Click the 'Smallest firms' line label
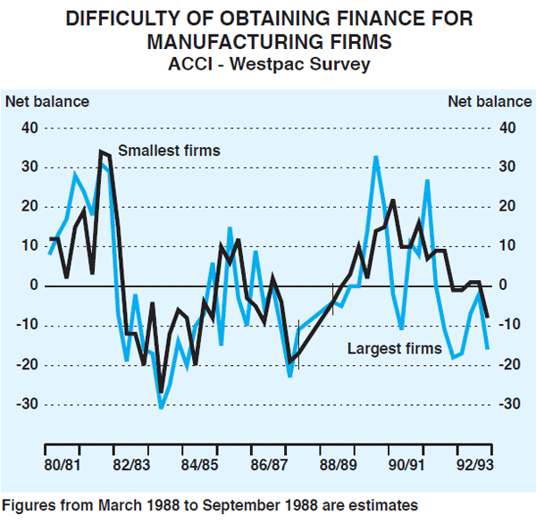click(x=169, y=151)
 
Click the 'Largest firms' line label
click(x=394, y=349)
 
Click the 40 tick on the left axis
click(x=31, y=128)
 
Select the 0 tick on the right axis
click(x=506, y=286)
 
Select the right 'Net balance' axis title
click(x=489, y=101)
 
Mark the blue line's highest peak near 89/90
click(x=376, y=157)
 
